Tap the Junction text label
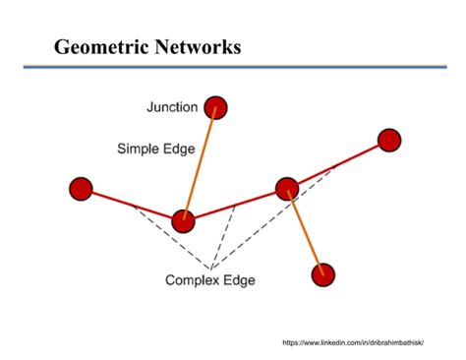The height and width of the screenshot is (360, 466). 171,107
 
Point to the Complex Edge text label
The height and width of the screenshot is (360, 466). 210,280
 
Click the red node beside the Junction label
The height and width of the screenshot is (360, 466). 215,106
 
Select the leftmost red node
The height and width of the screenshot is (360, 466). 81,188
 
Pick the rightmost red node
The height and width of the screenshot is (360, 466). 389,141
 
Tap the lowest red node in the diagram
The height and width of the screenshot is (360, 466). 322,274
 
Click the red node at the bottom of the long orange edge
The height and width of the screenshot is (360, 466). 183,221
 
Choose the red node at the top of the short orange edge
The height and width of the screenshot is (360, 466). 287,188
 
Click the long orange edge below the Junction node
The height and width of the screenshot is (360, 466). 200,162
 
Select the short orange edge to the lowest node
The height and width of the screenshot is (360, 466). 305,232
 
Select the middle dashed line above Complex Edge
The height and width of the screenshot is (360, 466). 223,236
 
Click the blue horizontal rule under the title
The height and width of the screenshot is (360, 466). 233,67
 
